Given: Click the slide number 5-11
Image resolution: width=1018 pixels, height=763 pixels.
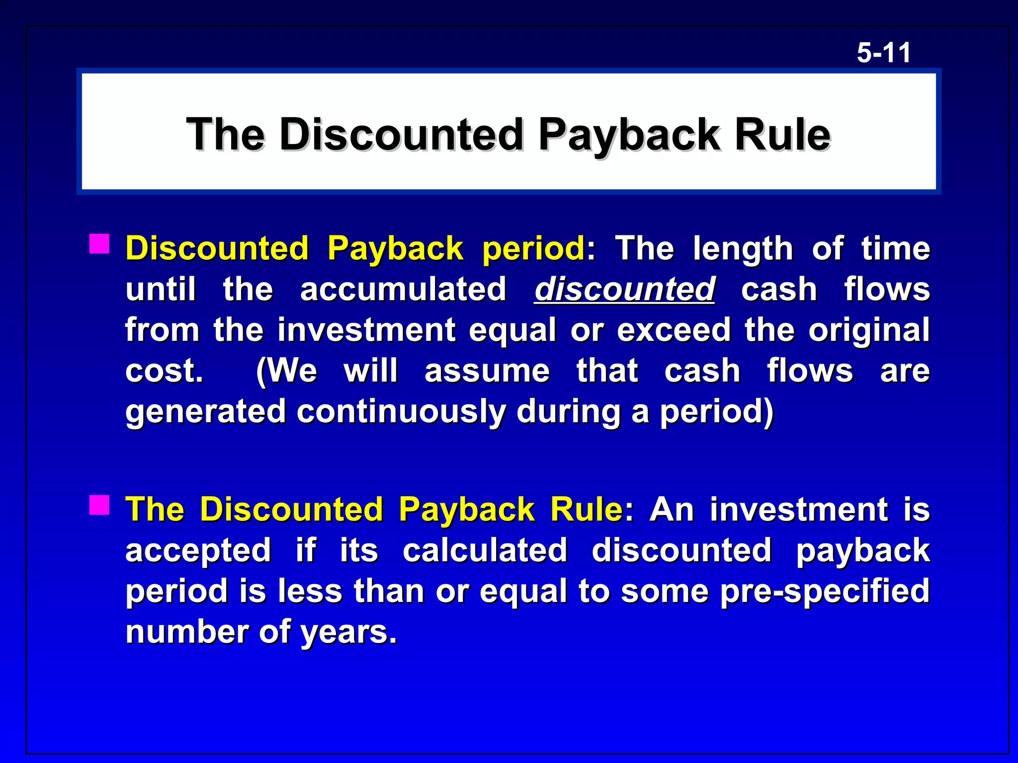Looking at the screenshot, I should [883, 53].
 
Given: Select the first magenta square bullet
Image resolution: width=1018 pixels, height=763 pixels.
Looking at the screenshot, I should [99, 244].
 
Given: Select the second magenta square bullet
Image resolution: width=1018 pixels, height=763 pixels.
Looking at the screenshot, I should [99, 505].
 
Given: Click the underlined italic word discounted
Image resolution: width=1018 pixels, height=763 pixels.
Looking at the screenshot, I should [624, 289].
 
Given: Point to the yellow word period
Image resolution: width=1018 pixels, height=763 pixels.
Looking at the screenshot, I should [533, 248].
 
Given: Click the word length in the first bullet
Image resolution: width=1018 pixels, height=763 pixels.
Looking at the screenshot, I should [743, 248].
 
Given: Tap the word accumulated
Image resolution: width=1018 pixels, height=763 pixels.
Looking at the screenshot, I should [403, 289].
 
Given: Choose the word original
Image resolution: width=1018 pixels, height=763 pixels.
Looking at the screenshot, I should [869, 330].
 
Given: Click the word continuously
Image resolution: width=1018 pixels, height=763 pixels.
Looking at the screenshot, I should [401, 412].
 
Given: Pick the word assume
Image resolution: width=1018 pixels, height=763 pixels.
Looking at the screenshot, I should [487, 371].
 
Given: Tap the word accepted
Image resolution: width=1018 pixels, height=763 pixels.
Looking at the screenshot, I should [198, 550].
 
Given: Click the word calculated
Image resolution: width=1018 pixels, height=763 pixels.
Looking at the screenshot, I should [485, 550].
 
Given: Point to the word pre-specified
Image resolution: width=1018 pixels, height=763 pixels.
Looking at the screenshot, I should [825, 591].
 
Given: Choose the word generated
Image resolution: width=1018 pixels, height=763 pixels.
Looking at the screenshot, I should [205, 412].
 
